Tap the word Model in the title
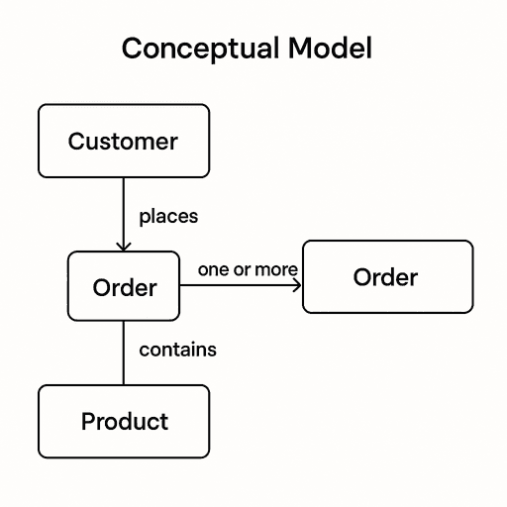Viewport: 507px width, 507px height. click(x=332, y=48)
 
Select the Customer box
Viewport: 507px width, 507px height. click(x=124, y=141)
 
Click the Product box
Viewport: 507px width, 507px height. click(x=124, y=421)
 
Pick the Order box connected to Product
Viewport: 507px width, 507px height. click(x=124, y=287)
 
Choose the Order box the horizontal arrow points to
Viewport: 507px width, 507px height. click(x=386, y=277)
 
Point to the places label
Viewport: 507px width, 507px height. click(x=168, y=215)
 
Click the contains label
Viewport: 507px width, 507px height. click(x=177, y=350)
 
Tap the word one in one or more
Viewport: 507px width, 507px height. click(x=213, y=269)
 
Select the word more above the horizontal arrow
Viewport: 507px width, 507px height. click(x=276, y=269)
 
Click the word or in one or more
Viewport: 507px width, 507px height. click(x=242, y=269)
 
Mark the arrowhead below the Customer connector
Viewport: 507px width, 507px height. click(x=123, y=246)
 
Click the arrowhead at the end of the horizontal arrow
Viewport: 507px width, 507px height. click(x=296, y=286)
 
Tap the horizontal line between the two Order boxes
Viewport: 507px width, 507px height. click(x=238, y=286)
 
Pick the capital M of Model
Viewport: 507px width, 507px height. click(x=303, y=48)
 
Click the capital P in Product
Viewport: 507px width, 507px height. click(x=88, y=421)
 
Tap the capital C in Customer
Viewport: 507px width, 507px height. click(x=76, y=141)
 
